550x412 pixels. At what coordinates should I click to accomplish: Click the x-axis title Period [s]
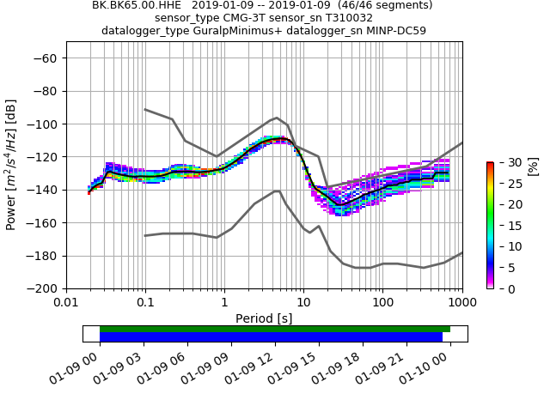tap(264, 318)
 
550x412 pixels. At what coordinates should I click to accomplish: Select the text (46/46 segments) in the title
tap(386, 5)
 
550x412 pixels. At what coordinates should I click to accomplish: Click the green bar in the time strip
tap(275, 329)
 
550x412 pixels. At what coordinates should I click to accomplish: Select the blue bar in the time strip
tap(271, 337)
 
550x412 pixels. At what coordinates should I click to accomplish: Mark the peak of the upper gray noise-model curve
tap(276, 118)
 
